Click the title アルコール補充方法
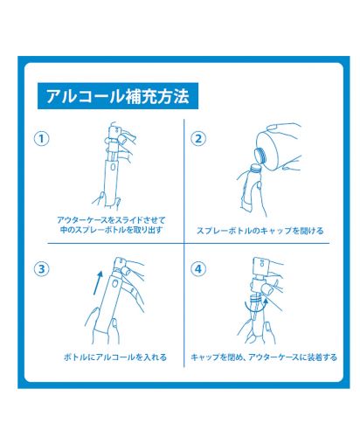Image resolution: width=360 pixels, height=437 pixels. pyautogui.click(x=118, y=96)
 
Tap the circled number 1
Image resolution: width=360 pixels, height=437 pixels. pyautogui.click(x=42, y=139)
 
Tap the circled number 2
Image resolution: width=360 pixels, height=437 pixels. pyautogui.click(x=198, y=139)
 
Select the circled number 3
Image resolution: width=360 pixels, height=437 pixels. pyautogui.click(x=42, y=269)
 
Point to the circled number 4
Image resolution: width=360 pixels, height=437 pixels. pyautogui.click(x=198, y=269)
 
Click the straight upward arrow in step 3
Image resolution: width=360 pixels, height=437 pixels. pyautogui.click(x=98, y=282)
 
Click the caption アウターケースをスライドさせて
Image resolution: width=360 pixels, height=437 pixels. pyautogui.click(x=111, y=220)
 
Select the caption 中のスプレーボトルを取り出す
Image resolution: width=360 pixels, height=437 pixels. pyautogui.click(x=111, y=230)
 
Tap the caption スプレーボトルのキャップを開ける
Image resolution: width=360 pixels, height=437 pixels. pyautogui.click(x=260, y=231)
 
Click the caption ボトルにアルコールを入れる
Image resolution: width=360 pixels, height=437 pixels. pyautogui.click(x=115, y=357)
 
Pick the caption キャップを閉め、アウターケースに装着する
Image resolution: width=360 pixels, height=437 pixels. pyautogui.click(x=264, y=357)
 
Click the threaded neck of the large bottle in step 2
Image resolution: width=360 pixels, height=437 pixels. pyautogui.click(x=260, y=156)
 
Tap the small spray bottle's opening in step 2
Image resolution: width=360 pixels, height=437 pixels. pyautogui.click(x=254, y=167)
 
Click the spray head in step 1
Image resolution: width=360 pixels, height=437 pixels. pyautogui.click(x=113, y=133)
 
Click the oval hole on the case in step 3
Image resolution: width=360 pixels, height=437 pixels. pyautogui.click(x=115, y=283)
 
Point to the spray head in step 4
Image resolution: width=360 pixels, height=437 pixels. pyautogui.click(x=260, y=265)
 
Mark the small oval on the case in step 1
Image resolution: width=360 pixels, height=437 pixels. pyautogui.click(x=113, y=167)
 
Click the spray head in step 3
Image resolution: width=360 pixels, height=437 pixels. pyautogui.click(x=120, y=264)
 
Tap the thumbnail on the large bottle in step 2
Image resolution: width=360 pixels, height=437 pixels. pyautogui.click(x=273, y=127)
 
